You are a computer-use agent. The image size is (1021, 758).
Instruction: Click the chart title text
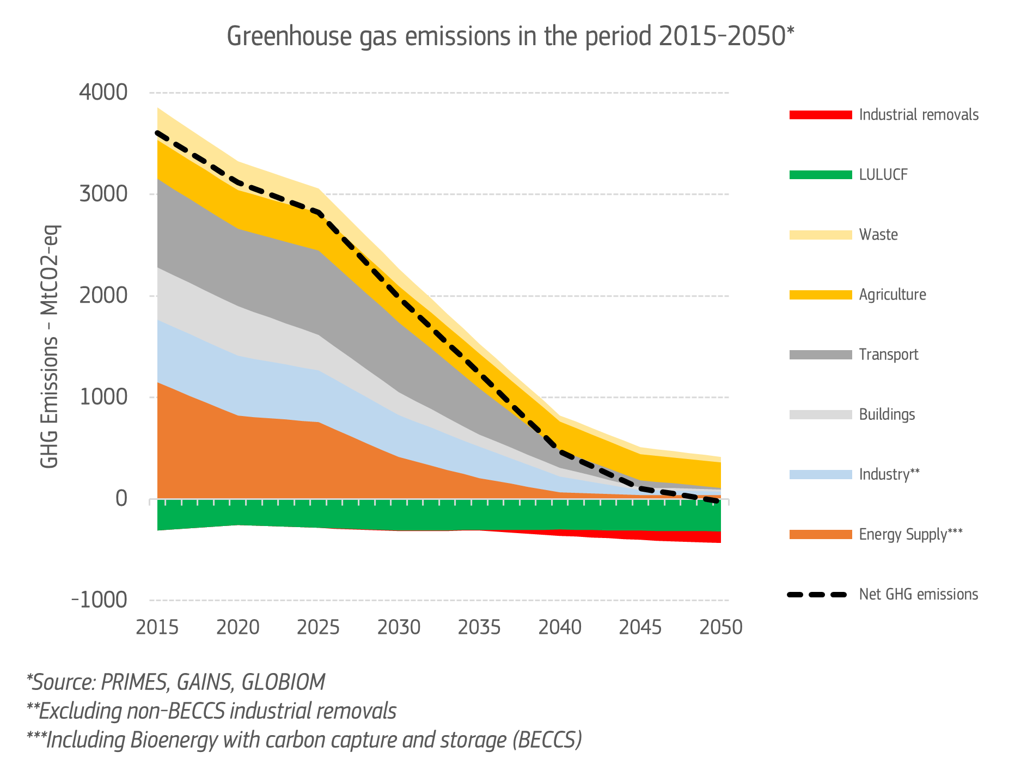tap(510, 37)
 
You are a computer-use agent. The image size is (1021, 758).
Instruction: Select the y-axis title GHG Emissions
tap(50, 346)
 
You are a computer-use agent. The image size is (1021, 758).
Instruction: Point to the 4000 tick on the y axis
tap(103, 93)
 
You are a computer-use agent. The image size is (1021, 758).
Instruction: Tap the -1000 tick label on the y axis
tap(100, 600)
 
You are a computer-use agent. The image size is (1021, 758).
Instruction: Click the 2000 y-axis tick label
tap(103, 296)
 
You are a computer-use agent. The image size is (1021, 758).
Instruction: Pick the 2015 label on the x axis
tap(157, 627)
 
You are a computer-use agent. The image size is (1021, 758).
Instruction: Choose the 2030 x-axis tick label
tap(399, 627)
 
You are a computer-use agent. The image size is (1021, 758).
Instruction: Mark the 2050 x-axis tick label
tap(721, 627)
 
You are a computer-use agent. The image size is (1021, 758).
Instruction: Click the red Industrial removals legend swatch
tap(821, 115)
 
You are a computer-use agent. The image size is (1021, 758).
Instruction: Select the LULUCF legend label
tap(883, 175)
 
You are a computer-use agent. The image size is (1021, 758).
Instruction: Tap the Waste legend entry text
tap(878, 235)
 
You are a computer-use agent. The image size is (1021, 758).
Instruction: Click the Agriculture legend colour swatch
tap(821, 295)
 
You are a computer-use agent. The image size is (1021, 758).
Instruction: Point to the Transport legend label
tap(889, 354)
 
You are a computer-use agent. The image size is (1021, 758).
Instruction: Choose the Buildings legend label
tap(887, 414)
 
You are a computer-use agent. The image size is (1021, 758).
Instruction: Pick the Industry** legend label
tap(889, 474)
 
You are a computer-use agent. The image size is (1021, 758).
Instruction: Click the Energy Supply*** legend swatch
tap(821, 534)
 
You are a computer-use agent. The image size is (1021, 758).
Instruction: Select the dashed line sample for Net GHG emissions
tap(817, 594)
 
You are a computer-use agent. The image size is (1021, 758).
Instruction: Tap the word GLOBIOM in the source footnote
tap(283, 682)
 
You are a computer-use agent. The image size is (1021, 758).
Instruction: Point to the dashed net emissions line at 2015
tap(158, 132)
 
